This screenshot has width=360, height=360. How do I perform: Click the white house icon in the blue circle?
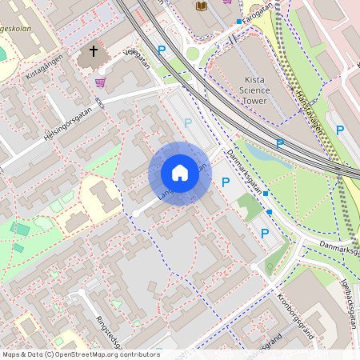point(179,173)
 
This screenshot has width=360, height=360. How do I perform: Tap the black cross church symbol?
point(93,52)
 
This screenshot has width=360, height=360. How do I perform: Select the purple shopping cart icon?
point(101,82)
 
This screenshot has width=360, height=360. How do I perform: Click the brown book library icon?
point(202,6)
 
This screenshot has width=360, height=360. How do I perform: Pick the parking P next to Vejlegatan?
point(162,50)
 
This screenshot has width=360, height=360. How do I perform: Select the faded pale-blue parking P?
point(188,122)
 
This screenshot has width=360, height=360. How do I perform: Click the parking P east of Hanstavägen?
point(340,130)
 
